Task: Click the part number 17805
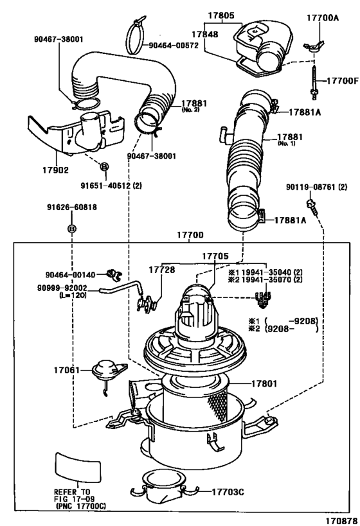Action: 221,14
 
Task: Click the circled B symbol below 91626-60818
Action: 72,229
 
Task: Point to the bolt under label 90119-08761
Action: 312,207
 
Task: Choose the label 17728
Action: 162,270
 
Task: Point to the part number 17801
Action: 264,385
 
